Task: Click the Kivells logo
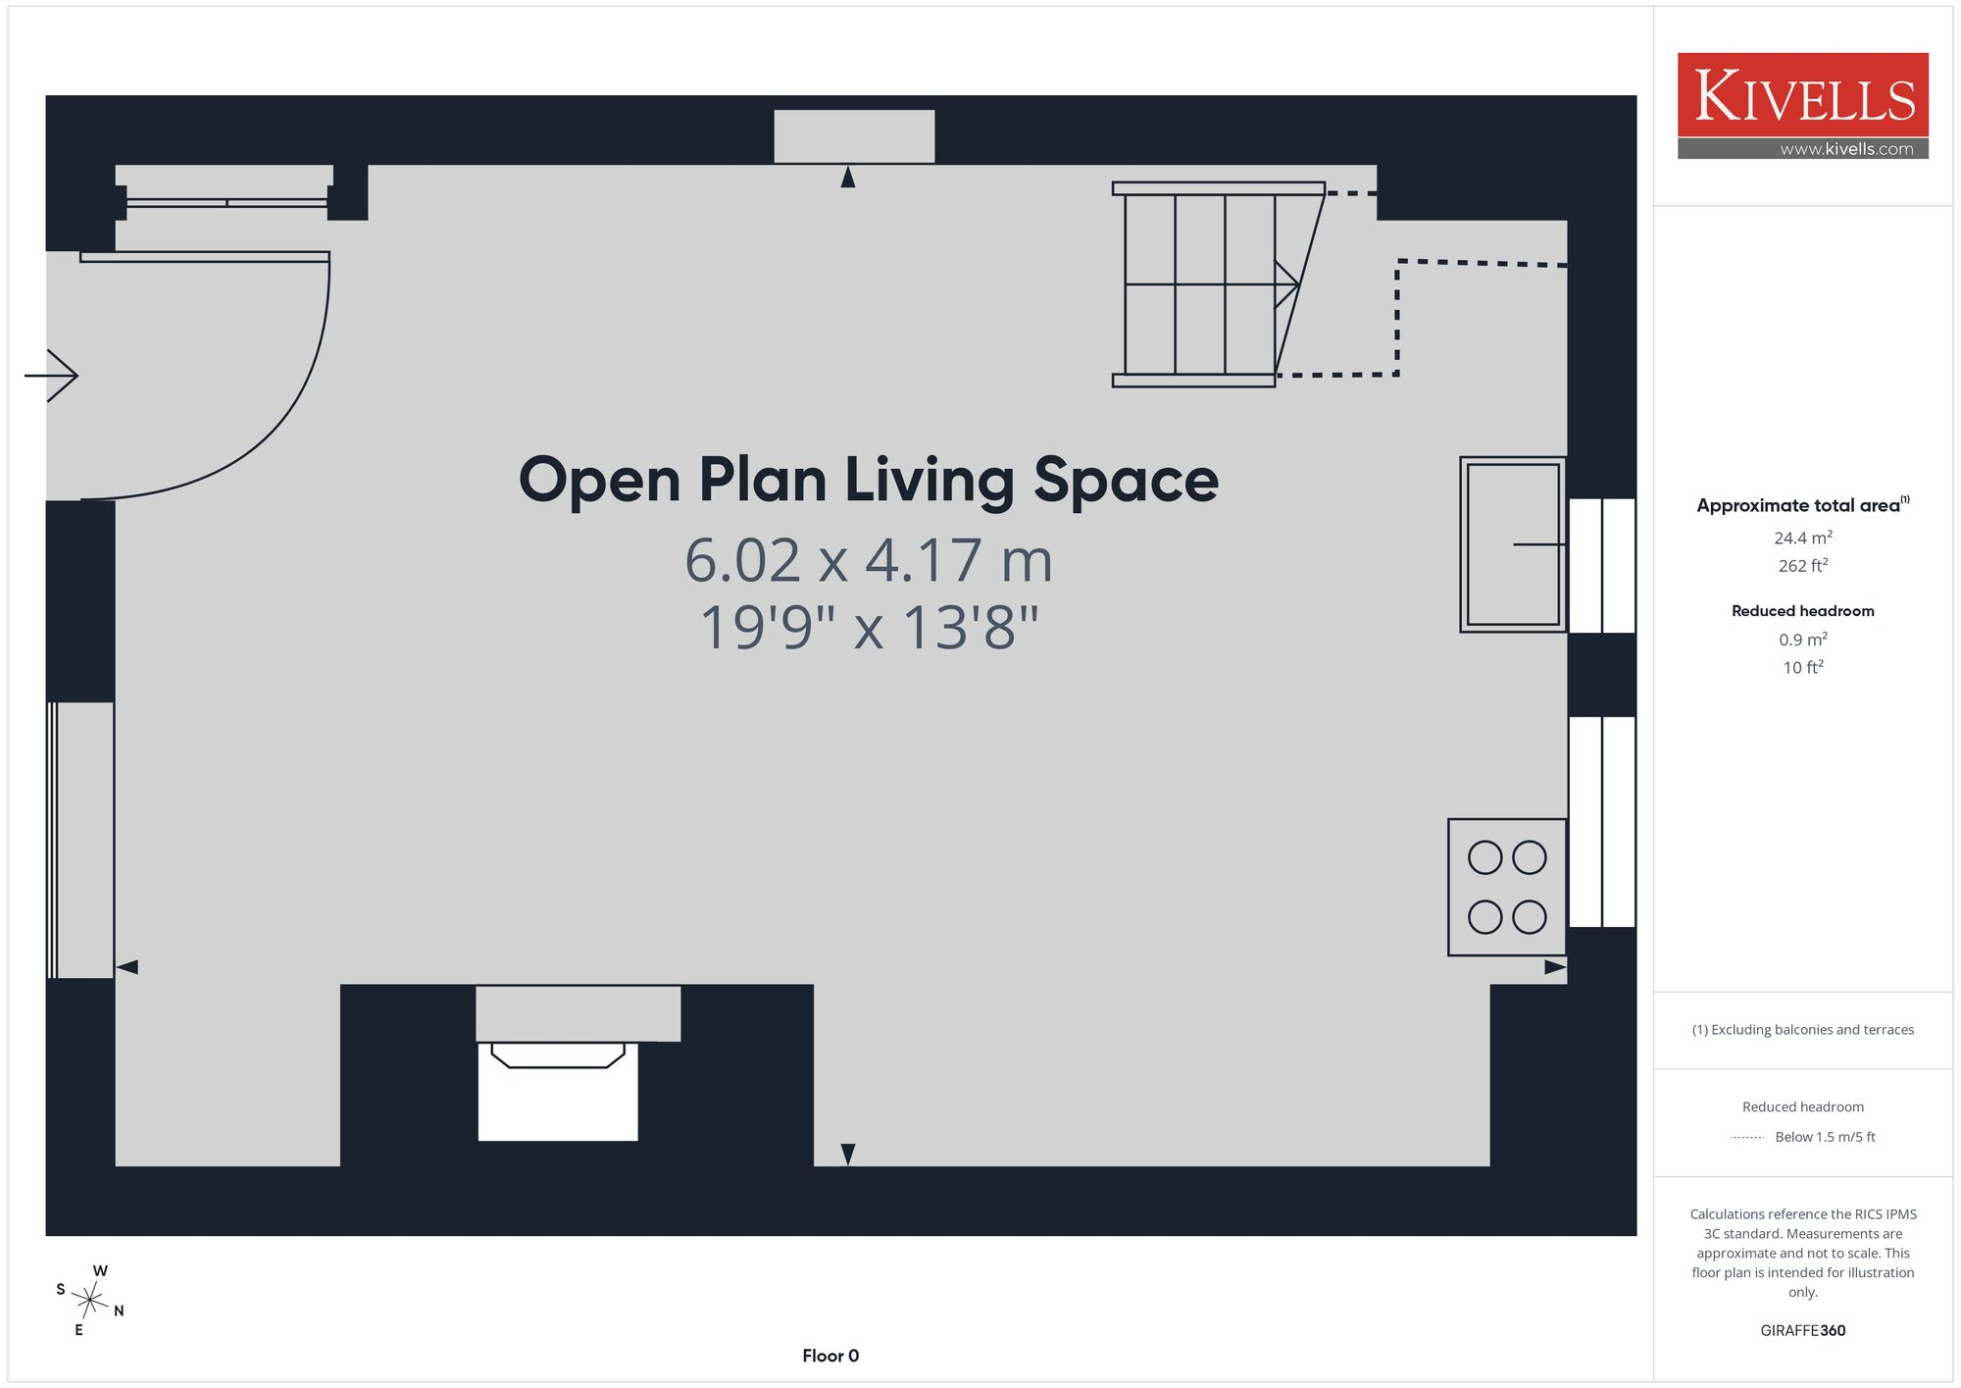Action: (x=1802, y=106)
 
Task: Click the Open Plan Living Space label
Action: (x=868, y=481)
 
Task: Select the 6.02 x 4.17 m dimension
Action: (x=869, y=561)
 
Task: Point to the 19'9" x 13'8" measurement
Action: (x=869, y=628)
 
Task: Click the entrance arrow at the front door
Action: (x=51, y=376)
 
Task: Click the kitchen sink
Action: (x=1512, y=544)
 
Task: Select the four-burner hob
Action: (x=1507, y=887)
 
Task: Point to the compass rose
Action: (x=90, y=1301)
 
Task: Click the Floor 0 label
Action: (x=830, y=1356)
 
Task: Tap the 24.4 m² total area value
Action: (x=1802, y=538)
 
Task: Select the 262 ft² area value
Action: (x=1802, y=566)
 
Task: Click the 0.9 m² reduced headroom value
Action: (x=1802, y=640)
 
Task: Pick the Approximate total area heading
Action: (x=1802, y=505)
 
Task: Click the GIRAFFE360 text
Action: (x=1802, y=1330)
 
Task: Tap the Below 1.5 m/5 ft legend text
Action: (x=1825, y=1137)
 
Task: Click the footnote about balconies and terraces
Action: (x=1802, y=1030)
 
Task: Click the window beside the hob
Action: (x=1602, y=822)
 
